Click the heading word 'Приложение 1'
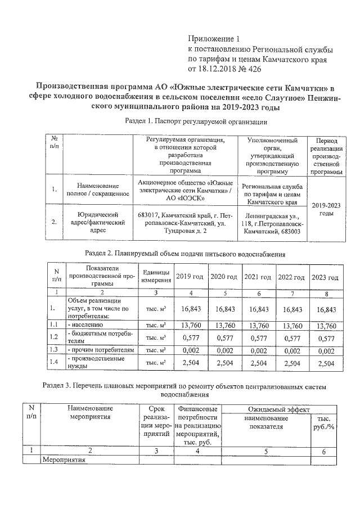pos(213,39)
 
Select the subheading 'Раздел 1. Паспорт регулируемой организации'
pos(195,121)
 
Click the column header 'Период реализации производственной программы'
pos(326,156)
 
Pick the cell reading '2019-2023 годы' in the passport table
pos(326,209)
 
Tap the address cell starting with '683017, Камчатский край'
pos(185,222)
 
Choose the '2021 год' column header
pos(258,277)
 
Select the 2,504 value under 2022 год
pos(292,364)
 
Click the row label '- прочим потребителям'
pos(101,350)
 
